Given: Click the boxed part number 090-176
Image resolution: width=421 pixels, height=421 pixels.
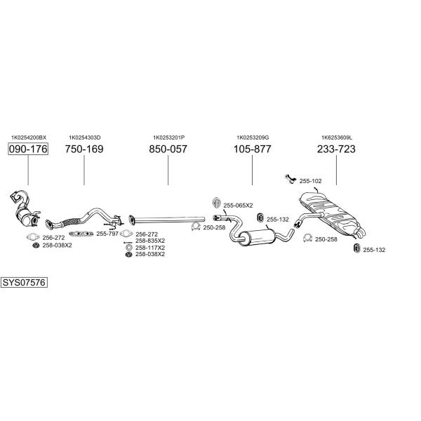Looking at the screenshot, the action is click(28, 149).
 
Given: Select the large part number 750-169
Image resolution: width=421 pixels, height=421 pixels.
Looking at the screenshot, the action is click(84, 149).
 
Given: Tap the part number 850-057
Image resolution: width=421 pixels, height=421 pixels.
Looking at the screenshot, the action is click(168, 149).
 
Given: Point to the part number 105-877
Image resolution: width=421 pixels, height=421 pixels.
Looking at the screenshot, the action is click(253, 149).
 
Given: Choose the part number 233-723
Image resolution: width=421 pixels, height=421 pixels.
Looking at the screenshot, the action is click(336, 149).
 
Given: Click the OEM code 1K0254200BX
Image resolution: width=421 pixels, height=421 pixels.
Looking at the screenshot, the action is click(29, 138).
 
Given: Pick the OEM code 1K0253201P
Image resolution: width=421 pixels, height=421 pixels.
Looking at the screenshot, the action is click(169, 138).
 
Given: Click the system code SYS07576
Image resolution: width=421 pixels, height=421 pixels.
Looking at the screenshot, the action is click(24, 283).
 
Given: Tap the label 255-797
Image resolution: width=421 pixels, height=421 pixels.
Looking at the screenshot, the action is click(107, 234).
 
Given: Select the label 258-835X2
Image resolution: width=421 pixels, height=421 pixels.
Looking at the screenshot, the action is click(150, 241).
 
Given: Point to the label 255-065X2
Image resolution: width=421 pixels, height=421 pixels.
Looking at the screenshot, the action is click(238, 206).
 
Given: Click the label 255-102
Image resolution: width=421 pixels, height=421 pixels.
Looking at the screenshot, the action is click(310, 181).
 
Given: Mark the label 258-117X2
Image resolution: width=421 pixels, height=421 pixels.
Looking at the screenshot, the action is click(150, 248).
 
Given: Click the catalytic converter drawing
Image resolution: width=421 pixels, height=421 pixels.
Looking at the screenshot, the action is click(25, 211).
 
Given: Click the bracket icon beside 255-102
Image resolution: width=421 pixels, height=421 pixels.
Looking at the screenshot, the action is click(290, 179).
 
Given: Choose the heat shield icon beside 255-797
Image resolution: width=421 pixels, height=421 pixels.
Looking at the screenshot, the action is click(81, 234).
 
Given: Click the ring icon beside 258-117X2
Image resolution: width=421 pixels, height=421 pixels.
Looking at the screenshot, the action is click(129, 248).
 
